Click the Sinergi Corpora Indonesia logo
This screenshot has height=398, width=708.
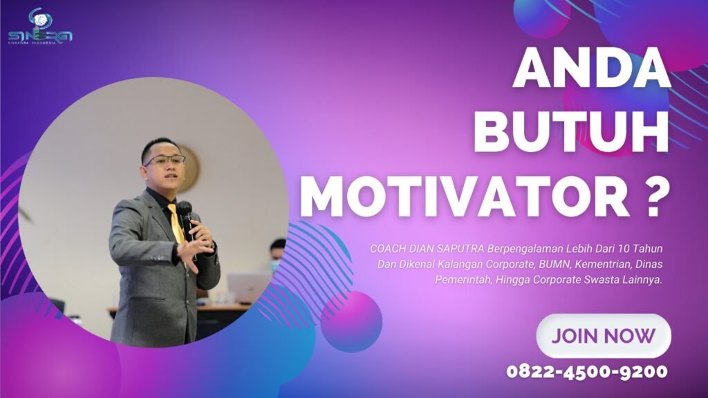tap(40, 27)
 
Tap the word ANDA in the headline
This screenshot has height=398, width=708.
tap(592, 68)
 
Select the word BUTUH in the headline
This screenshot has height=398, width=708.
tap(571, 132)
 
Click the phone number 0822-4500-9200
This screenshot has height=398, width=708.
tap(587, 371)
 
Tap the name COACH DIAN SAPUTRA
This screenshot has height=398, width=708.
tap(427, 249)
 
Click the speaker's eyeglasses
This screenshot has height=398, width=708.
tap(165, 160)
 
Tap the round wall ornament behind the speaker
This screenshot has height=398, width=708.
tap(189, 168)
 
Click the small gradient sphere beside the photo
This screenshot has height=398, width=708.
tap(351, 321)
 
